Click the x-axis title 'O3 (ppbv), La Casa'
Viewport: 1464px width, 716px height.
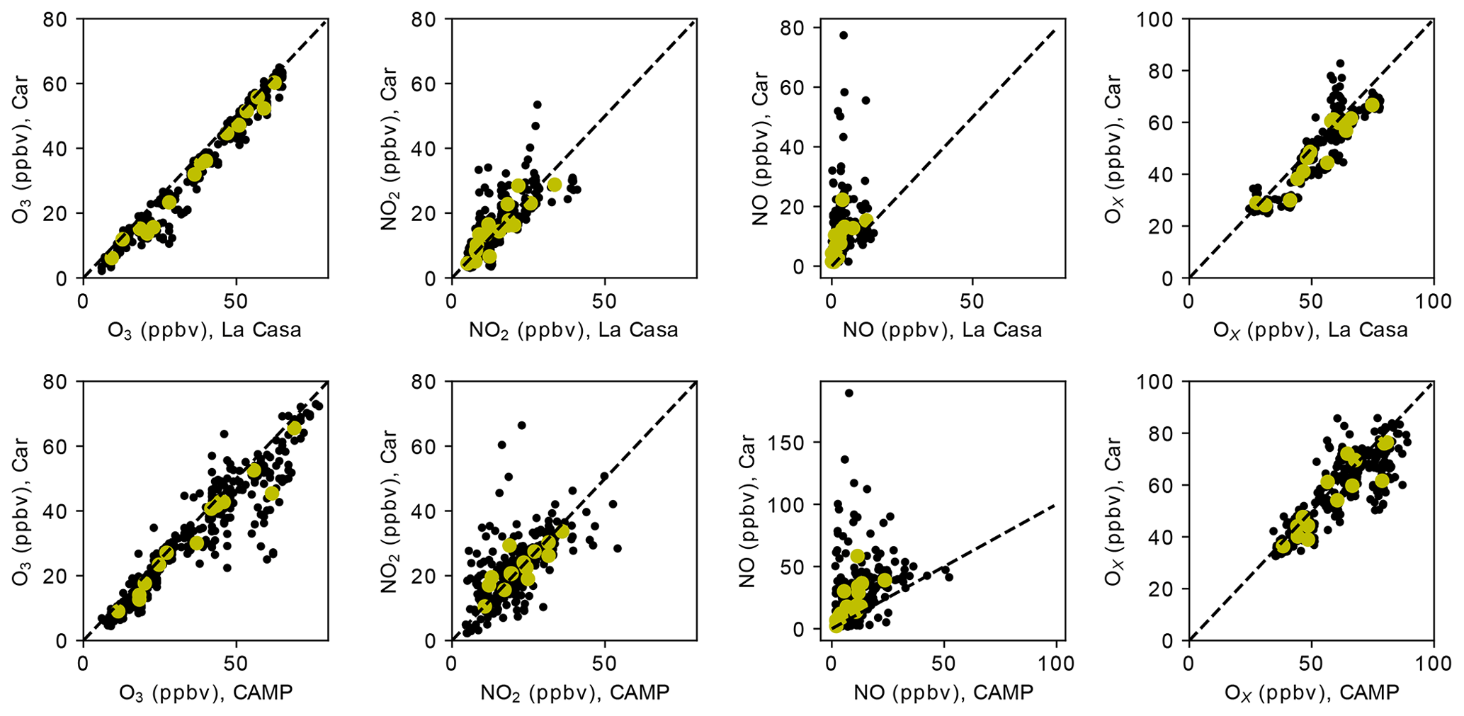(x=205, y=330)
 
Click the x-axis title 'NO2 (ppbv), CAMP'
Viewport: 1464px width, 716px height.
(x=574, y=692)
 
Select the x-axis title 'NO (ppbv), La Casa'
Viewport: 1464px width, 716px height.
(x=942, y=330)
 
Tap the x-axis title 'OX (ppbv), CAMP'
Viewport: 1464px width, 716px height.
(x=1312, y=692)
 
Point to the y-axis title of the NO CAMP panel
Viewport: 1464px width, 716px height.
(x=749, y=511)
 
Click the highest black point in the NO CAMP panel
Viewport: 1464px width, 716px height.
(x=849, y=393)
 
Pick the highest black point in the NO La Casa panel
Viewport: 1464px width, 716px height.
(x=844, y=35)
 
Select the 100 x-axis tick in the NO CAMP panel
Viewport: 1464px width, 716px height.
(x=1056, y=664)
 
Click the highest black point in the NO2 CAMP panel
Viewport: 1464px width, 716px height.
(x=521, y=425)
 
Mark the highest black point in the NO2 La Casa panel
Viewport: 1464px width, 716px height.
(x=537, y=105)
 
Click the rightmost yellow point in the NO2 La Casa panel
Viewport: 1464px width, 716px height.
(x=555, y=184)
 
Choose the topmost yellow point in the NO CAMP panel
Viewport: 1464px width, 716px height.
(x=857, y=556)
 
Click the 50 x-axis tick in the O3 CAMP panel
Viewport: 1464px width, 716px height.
(x=235, y=664)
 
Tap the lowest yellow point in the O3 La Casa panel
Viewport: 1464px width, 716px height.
(x=111, y=258)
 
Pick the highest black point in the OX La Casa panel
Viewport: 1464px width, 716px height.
(x=1340, y=64)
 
